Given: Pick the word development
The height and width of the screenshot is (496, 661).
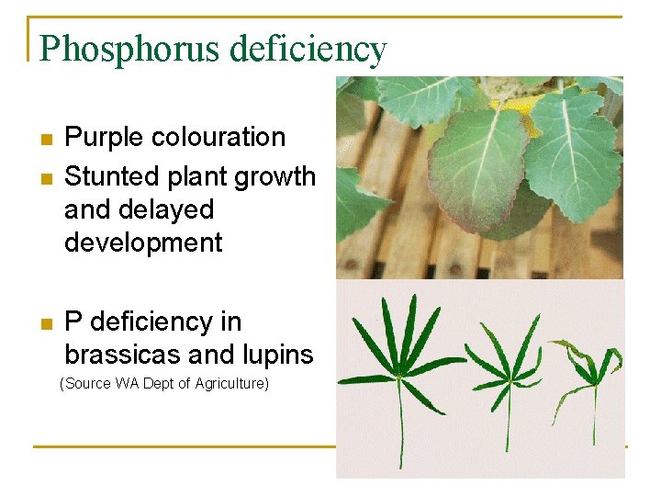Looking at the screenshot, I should (x=143, y=242).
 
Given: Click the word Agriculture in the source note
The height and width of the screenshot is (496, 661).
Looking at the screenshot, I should (x=230, y=384).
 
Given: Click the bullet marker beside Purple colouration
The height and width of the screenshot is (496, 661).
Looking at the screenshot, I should (x=47, y=140).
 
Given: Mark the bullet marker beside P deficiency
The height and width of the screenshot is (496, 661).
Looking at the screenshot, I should (x=47, y=323).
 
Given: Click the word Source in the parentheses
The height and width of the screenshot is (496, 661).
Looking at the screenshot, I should (x=87, y=384).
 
